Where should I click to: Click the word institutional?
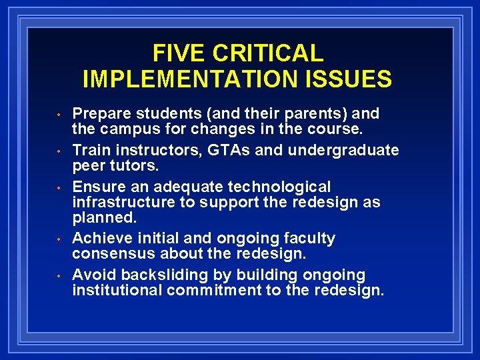(x=117, y=290)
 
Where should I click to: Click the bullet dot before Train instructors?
(x=59, y=151)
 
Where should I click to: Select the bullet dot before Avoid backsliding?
(x=59, y=275)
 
